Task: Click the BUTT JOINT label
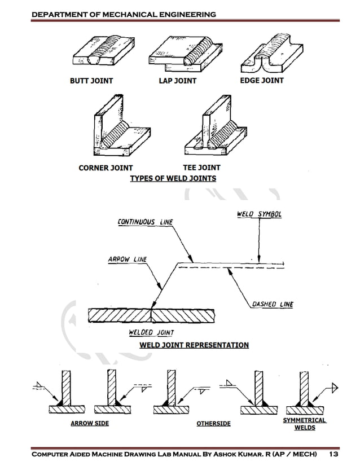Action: (x=91, y=81)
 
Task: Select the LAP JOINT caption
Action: (x=177, y=81)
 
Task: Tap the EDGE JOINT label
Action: (x=262, y=80)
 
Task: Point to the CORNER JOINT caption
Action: (x=106, y=168)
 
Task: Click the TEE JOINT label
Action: (x=201, y=168)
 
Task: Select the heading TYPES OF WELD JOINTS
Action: (x=173, y=178)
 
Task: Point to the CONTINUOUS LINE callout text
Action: (x=145, y=222)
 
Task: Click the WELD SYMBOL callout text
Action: (x=258, y=214)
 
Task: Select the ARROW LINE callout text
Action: (x=127, y=260)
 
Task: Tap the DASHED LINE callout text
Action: (x=273, y=304)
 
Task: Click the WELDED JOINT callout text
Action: (x=151, y=333)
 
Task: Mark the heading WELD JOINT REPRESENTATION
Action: (x=194, y=345)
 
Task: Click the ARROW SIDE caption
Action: (x=90, y=423)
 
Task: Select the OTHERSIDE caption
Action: (x=213, y=423)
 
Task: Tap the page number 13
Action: (x=333, y=454)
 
